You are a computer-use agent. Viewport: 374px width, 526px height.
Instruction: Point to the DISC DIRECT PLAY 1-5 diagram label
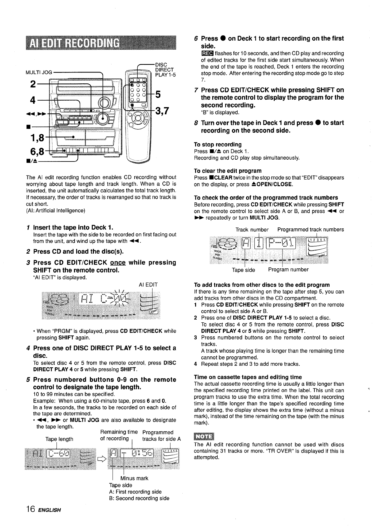165,70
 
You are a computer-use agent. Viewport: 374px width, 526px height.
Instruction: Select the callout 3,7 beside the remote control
162,111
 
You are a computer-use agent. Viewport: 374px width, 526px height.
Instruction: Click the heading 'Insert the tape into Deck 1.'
73,227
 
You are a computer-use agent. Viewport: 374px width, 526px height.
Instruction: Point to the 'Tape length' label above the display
59,439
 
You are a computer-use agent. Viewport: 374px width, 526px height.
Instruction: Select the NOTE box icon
203,436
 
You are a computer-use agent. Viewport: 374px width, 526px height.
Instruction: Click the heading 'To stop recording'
218,144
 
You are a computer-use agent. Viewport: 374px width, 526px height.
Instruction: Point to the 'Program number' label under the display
288,269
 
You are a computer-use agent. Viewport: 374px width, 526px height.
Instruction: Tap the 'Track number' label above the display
252,230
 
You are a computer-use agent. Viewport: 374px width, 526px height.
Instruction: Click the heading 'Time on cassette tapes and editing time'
248,377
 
